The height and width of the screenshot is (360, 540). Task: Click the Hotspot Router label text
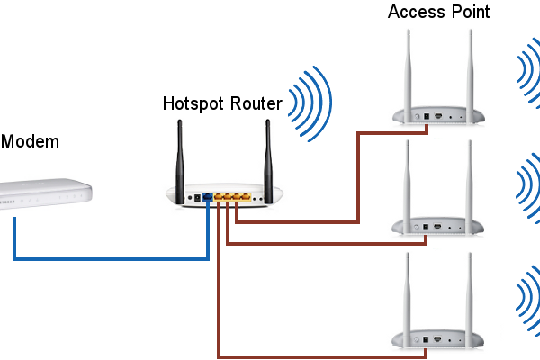click(x=222, y=103)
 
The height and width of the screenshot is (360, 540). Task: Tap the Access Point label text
click(x=439, y=12)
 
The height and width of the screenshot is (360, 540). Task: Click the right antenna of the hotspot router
click(x=267, y=157)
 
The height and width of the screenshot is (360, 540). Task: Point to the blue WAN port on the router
click(x=208, y=195)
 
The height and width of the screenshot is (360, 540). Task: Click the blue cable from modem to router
click(x=108, y=258)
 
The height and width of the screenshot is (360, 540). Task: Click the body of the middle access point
click(x=436, y=226)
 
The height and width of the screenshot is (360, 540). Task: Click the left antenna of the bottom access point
click(x=407, y=288)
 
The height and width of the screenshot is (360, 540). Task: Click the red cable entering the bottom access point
click(x=306, y=353)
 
